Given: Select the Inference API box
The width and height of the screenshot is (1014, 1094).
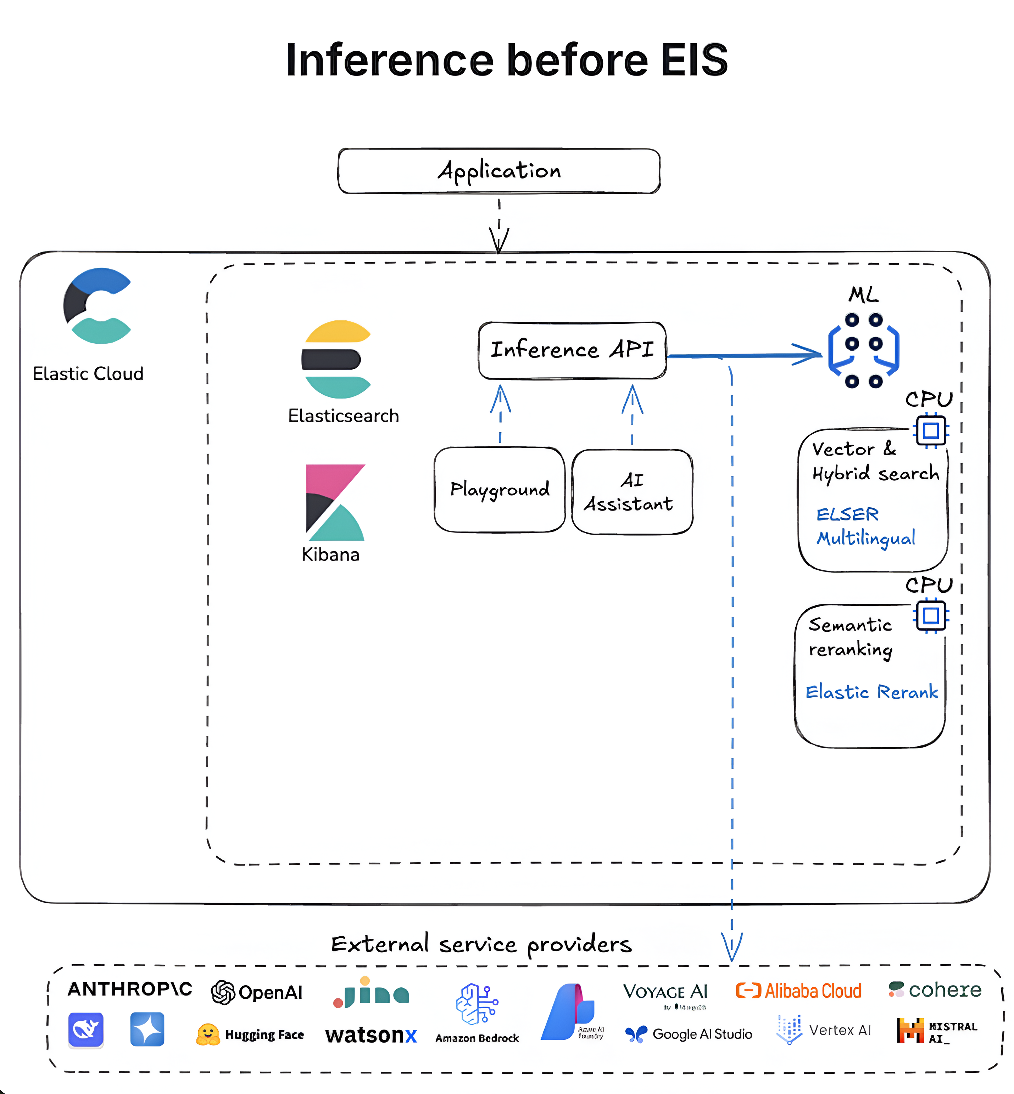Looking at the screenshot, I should (x=572, y=350).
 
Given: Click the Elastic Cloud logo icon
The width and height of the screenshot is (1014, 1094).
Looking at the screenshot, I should (x=97, y=306).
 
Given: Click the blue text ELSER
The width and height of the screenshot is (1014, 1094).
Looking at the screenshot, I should (x=847, y=514).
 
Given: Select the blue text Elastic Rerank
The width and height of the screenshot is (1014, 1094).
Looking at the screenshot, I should (x=871, y=692).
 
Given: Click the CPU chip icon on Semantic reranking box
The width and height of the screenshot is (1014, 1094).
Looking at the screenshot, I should (x=931, y=616).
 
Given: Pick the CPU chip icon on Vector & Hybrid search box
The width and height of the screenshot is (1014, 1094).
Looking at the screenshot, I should (x=931, y=430).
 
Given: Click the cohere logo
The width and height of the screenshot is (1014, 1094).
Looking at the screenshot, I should (x=935, y=990).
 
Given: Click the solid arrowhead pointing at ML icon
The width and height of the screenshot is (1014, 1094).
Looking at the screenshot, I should (x=809, y=354).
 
